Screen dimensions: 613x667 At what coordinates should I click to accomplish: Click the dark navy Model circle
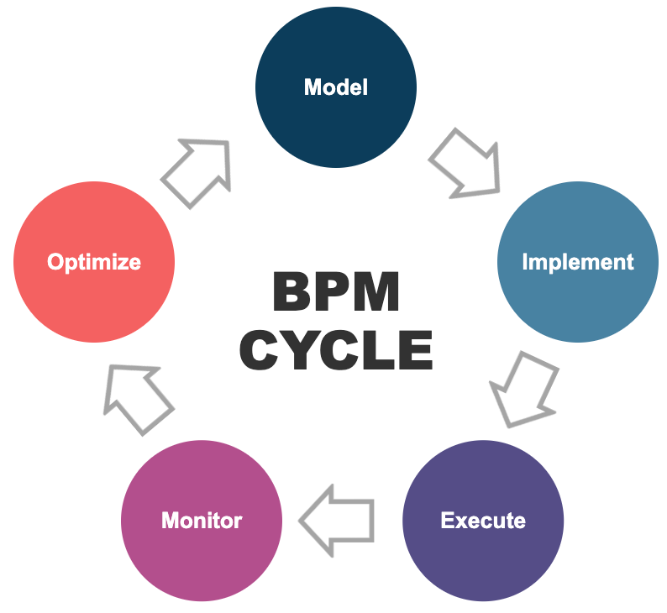click(335, 87)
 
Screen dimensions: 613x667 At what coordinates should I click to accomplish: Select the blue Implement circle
click(578, 261)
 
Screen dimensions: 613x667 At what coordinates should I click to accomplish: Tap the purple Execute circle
click(483, 521)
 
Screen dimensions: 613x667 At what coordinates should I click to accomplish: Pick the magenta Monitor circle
click(202, 521)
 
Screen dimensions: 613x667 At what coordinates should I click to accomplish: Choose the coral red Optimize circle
click(94, 261)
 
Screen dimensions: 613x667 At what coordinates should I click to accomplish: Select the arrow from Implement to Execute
click(523, 388)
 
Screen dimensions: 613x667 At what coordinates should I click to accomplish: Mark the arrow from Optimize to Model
click(198, 170)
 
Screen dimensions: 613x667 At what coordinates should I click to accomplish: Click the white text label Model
click(335, 87)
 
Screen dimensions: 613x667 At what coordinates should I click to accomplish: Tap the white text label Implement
click(578, 261)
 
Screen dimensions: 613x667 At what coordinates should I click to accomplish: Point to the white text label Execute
click(483, 521)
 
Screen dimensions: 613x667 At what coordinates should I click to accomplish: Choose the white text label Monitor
click(202, 521)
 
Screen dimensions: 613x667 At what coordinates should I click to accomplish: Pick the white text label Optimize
click(94, 261)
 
